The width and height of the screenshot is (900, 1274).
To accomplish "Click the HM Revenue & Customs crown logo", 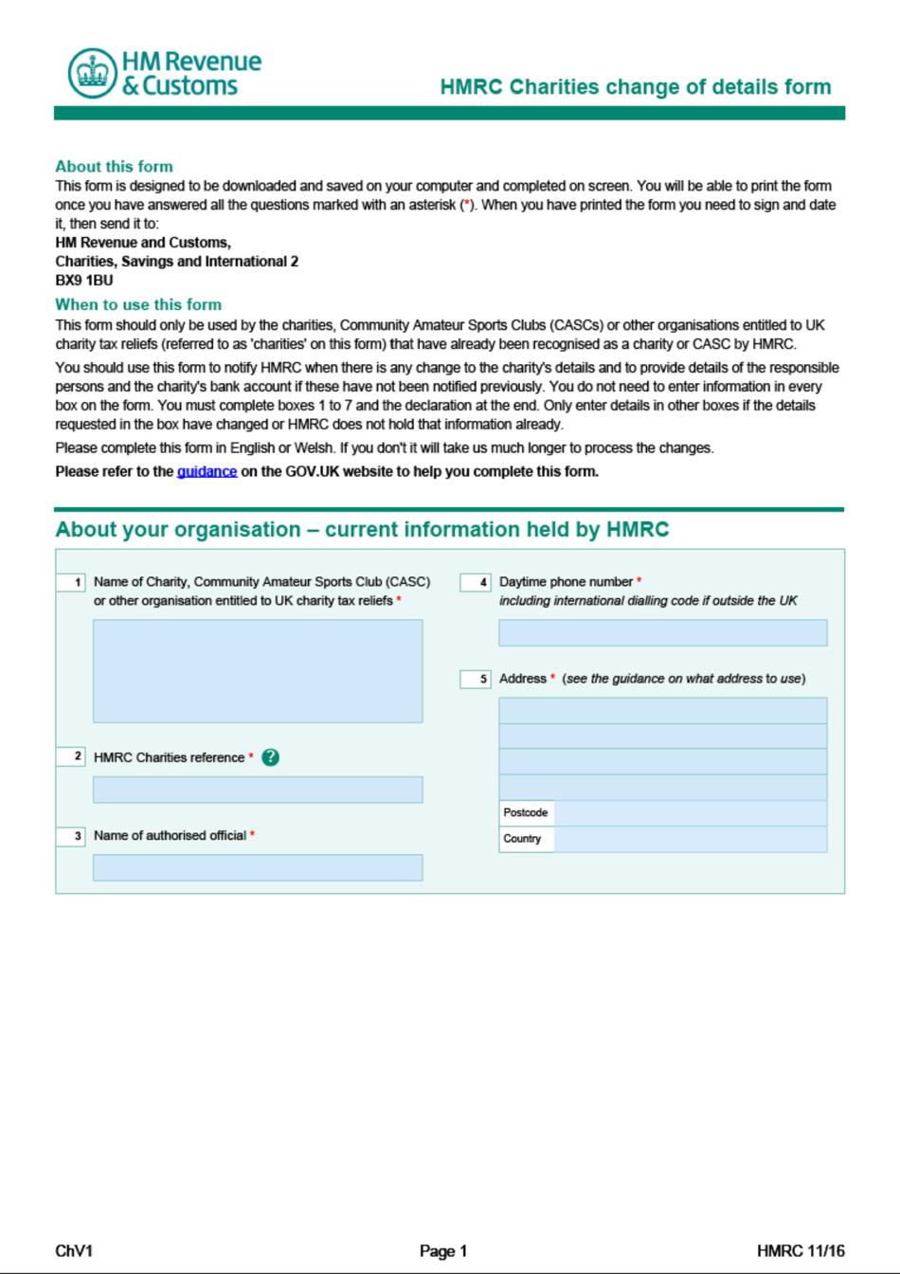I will [x=92, y=73].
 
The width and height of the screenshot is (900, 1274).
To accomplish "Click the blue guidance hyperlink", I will [x=207, y=471].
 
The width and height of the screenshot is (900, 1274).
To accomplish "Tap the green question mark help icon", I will [x=271, y=757].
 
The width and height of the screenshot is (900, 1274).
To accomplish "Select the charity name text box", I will [x=258, y=671].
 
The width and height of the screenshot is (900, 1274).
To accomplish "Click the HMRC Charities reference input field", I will [x=258, y=790].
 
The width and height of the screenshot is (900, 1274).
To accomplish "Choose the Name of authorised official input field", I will [x=258, y=867].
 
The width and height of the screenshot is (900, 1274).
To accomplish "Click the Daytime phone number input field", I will [x=662, y=632].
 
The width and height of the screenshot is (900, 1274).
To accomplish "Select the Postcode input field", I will [x=690, y=813].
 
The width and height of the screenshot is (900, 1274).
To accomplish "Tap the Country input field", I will [x=690, y=839].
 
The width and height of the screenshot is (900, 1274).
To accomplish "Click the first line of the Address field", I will [x=662, y=711].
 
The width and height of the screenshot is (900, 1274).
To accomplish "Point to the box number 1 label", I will [x=72, y=582].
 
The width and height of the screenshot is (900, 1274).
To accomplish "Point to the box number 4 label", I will [x=476, y=582].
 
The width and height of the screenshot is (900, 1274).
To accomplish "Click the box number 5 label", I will [x=476, y=679].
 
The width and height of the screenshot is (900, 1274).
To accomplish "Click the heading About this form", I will [x=114, y=167].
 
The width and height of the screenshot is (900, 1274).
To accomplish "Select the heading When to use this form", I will [x=138, y=304].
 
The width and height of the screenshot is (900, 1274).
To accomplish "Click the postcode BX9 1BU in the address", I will [x=84, y=281].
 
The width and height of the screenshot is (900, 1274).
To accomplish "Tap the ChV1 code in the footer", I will [x=74, y=1251].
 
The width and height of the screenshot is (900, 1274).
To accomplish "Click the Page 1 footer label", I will [x=443, y=1251].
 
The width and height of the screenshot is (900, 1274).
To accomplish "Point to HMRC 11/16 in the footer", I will [x=801, y=1251].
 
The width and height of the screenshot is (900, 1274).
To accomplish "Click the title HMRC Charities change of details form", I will [x=636, y=87].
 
